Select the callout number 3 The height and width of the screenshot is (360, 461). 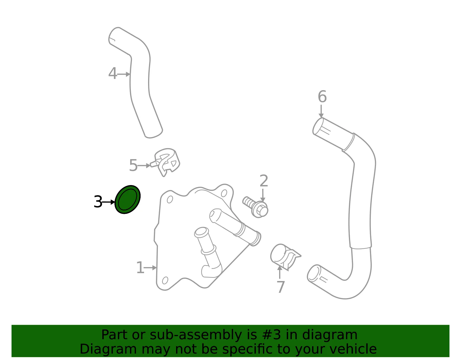point(98,202)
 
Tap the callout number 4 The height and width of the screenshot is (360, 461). point(112,73)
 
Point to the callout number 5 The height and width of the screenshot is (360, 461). point(133,165)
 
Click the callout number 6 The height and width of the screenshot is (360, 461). point(322,96)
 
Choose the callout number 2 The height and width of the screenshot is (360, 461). point(264,181)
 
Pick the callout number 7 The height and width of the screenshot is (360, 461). point(281,287)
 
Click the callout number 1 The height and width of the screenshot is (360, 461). point(140,267)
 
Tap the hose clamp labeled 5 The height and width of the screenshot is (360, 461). point(165,162)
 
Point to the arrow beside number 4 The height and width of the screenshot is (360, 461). point(124,74)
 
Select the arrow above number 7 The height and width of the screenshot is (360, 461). point(280,272)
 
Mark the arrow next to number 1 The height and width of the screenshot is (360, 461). point(150,268)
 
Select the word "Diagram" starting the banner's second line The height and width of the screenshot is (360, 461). point(108,349)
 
